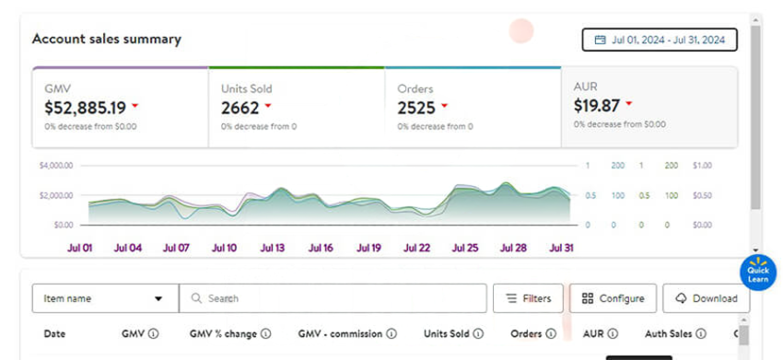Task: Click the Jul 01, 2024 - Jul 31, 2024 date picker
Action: coord(660,40)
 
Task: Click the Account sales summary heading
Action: coord(107,40)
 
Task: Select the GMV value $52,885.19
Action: coord(86,107)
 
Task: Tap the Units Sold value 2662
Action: coord(240,107)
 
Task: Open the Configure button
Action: coord(613,298)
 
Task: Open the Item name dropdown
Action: coord(104,298)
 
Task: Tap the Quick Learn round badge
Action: coord(758,274)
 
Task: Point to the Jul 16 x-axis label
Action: coord(321,248)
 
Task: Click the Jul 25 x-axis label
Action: coord(465,248)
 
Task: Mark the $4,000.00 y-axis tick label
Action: coord(56,166)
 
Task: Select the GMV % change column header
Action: coord(224,333)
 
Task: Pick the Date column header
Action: coord(54,333)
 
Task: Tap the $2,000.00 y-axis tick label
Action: coord(56,195)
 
